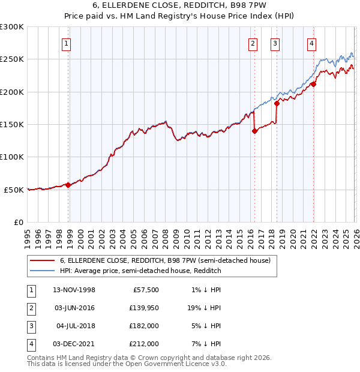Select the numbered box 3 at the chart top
pos(275,43)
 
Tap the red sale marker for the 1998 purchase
pos(68,185)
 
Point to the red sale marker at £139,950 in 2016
pos(254,131)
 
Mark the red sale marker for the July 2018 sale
pos(277,104)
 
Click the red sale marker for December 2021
pos(313,85)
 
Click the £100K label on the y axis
pos(12,157)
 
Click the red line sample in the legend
pos(43,261)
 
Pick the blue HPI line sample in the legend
pos(43,271)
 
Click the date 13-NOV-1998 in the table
pos(74,290)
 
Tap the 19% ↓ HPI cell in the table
pos(203,308)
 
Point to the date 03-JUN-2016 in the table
pos(74,308)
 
